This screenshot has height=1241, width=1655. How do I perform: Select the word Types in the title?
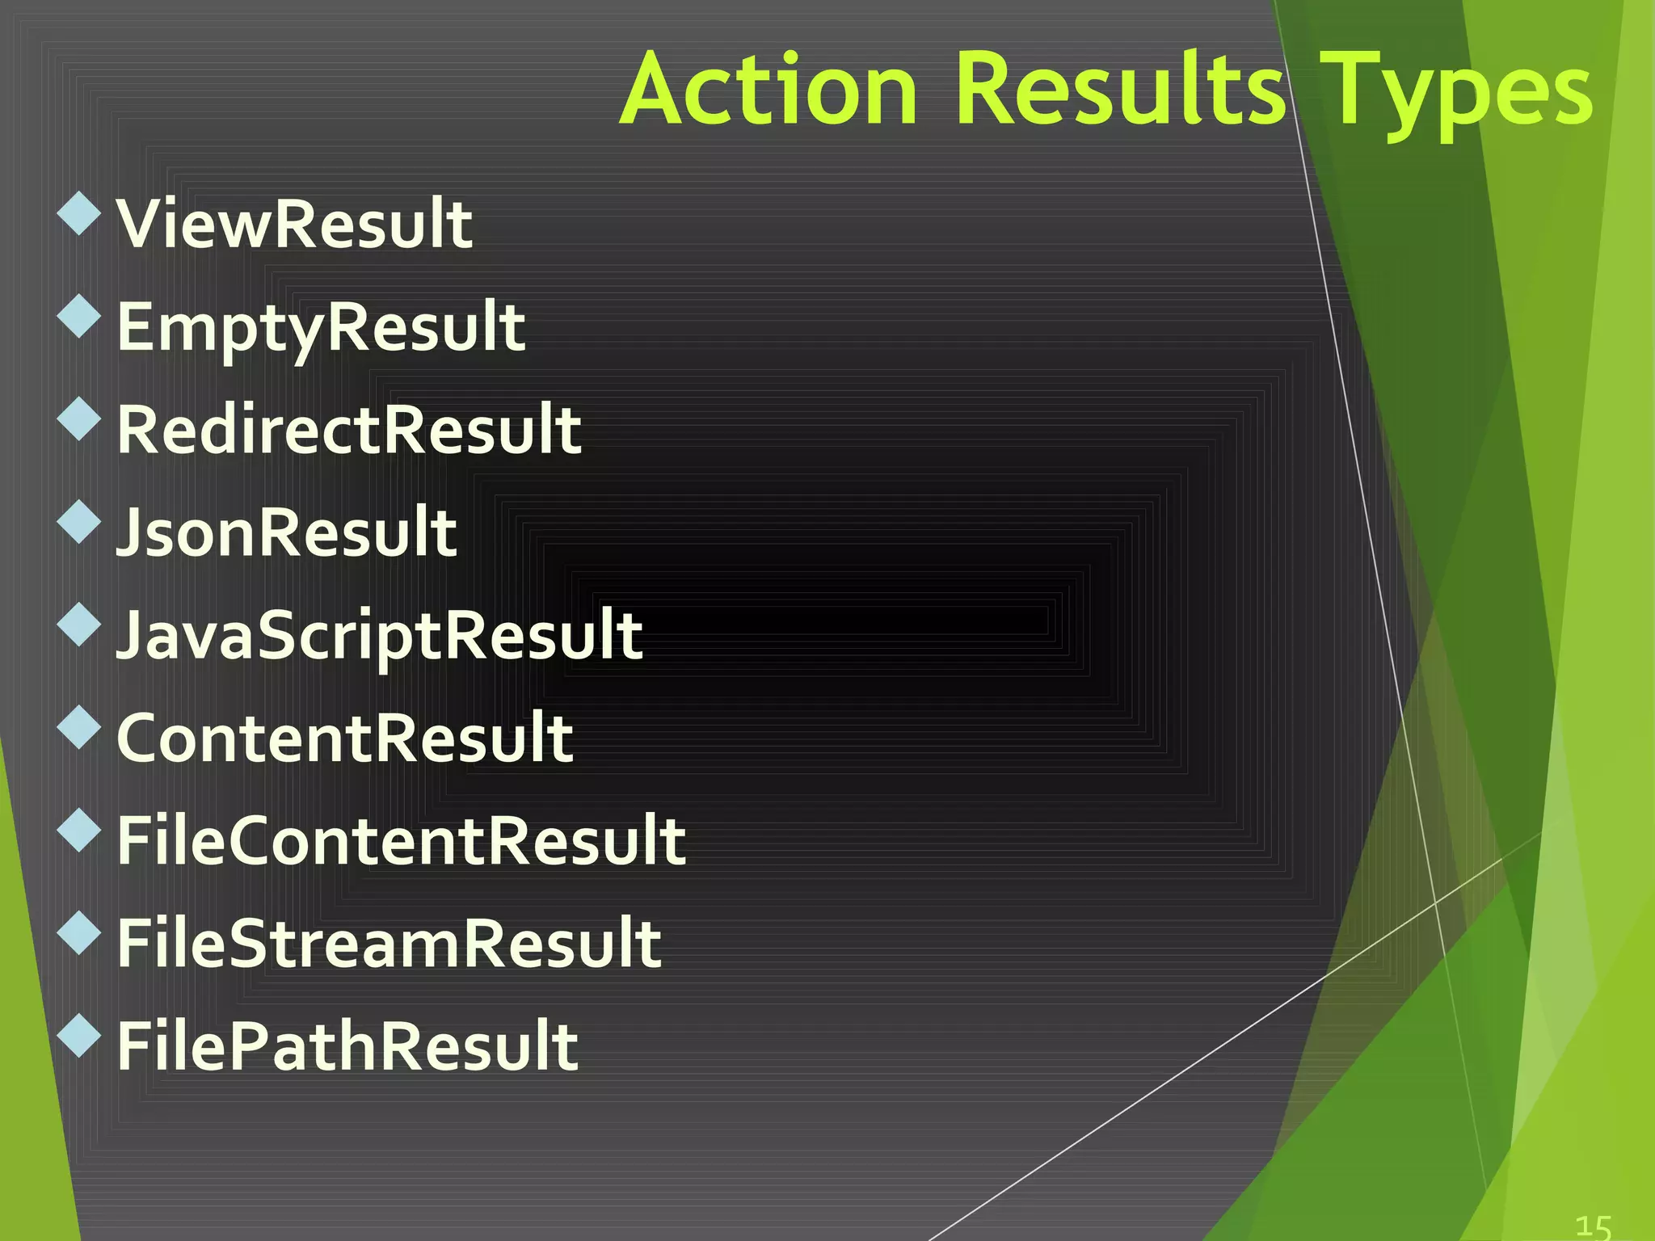(1459, 93)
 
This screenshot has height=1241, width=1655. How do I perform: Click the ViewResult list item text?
(294, 224)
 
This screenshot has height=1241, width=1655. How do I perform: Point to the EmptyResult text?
(321, 328)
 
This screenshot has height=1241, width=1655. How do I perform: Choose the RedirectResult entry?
(349, 430)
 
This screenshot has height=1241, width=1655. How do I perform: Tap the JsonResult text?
(287, 532)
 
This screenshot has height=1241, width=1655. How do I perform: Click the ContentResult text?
(345, 738)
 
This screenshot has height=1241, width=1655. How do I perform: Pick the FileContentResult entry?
(402, 840)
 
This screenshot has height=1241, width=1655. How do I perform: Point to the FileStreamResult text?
(390, 943)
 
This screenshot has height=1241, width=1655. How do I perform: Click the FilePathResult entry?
(347, 1045)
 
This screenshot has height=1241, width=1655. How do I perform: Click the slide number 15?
(1594, 1226)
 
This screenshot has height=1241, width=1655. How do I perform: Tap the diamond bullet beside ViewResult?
(79, 214)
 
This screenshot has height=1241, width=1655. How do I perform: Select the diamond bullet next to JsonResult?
(79, 521)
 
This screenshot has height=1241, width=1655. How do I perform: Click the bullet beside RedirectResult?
(79, 419)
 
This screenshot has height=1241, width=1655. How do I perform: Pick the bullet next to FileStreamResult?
(79, 932)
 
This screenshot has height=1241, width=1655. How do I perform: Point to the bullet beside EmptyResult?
(79, 316)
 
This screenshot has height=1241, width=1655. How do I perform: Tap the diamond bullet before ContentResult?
(79, 726)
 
